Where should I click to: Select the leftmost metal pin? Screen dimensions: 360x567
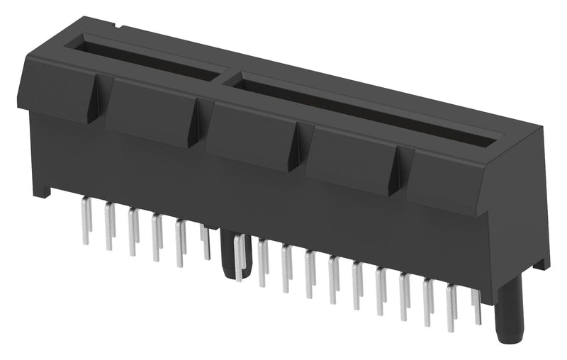click(x=86, y=220)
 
